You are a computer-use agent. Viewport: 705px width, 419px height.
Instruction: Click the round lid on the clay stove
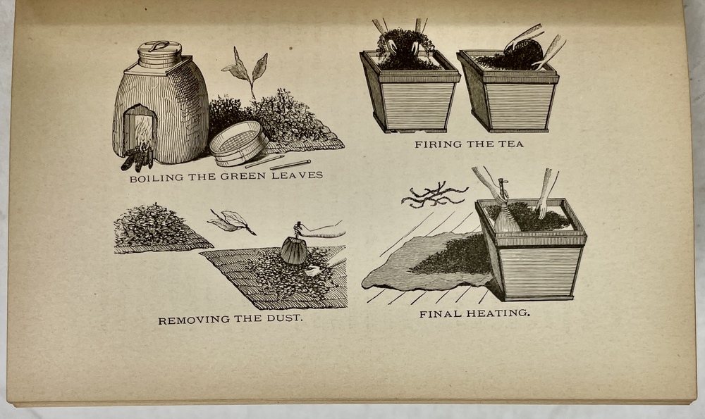(x=159, y=54)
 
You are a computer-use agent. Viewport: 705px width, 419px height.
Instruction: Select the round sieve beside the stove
(x=238, y=144)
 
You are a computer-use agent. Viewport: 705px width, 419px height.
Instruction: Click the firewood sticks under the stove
(x=138, y=158)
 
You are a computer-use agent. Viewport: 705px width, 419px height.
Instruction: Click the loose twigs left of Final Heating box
(x=434, y=196)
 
